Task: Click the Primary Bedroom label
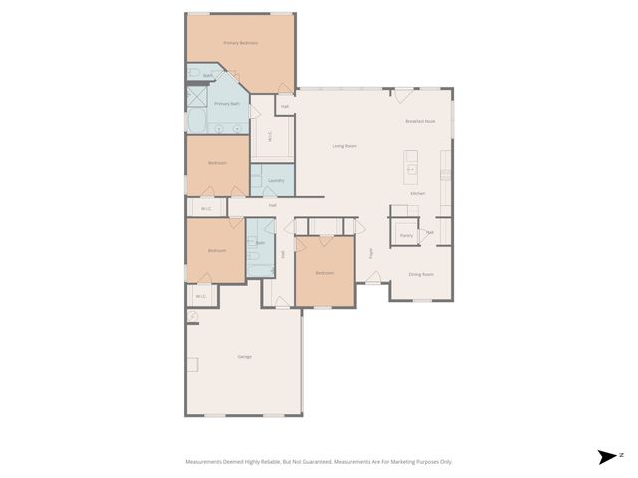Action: tap(240, 43)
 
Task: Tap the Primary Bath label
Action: tap(228, 103)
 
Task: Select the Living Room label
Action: tap(344, 146)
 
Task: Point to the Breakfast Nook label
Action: tap(420, 121)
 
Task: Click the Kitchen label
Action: tap(418, 193)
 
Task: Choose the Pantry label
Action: tap(406, 236)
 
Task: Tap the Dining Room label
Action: tap(421, 274)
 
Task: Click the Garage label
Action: tap(244, 356)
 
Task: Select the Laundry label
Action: tap(276, 180)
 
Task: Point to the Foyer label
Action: tap(370, 253)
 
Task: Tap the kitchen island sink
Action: tap(410, 170)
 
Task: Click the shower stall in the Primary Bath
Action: tap(197, 99)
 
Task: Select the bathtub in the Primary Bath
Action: tap(196, 122)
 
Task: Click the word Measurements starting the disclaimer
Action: tap(205, 462)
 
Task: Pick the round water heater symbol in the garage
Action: tap(193, 317)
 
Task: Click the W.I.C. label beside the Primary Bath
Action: tap(270, 138)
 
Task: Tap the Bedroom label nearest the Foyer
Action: tap(325, 272)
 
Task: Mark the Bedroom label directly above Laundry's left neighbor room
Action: tap(217, 163)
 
